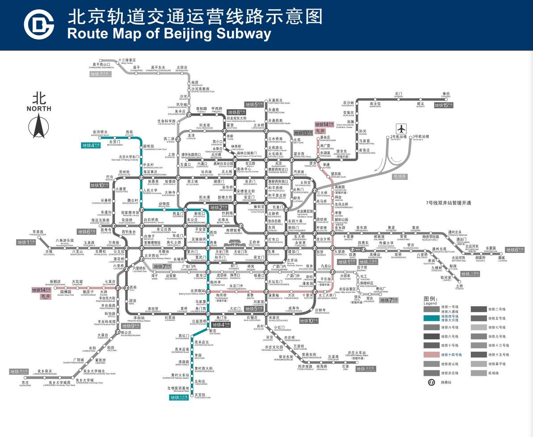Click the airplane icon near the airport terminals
(402, 129)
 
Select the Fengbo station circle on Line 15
(446, 99)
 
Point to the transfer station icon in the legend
(432, 382)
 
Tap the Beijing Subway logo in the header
(38, 25)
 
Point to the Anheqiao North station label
(100, 133)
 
